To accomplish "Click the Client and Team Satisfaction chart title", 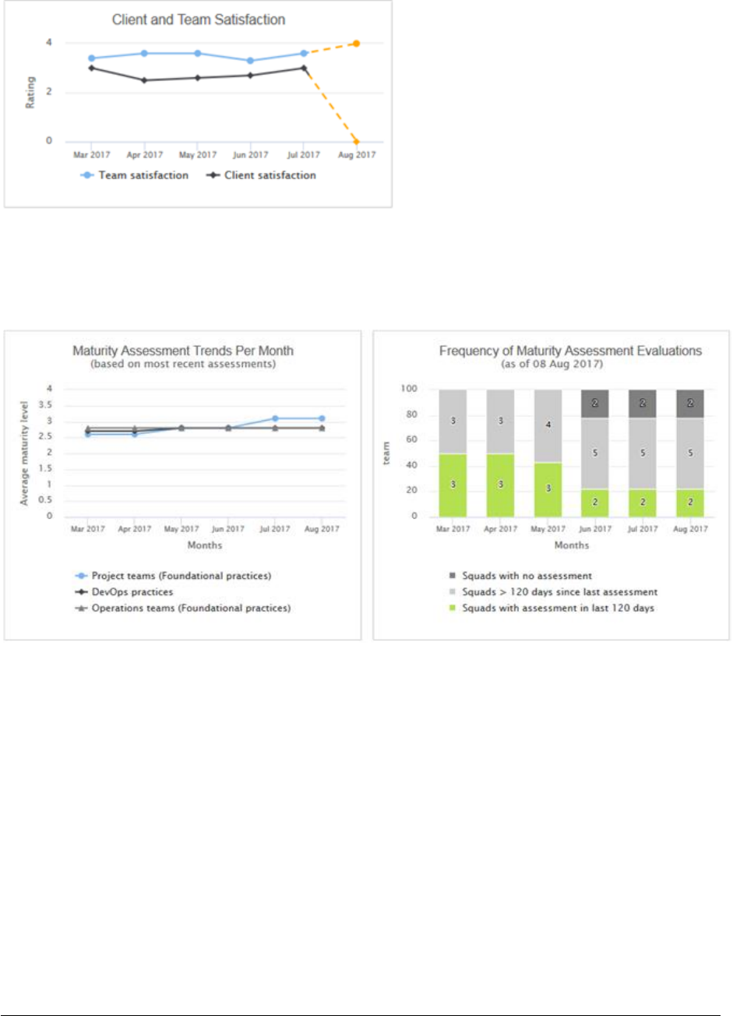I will click(x=199, y=20).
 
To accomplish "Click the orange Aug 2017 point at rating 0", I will click(x=356, y=141).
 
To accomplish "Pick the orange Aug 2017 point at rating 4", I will click(x=356, y=44).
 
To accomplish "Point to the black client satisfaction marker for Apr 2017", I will click(x=144, y=80).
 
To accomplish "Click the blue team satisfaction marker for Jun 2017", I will click(x=250, y=61).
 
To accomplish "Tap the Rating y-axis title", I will click(x=30, y=92).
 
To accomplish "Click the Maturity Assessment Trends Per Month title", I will click(x=183, y=351).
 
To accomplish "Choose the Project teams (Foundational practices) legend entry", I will click(x=181, y=576).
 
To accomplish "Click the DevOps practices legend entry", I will click(x=132, y=592).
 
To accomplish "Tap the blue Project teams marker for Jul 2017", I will click(x=275, y=418).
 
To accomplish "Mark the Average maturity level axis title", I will click(x=24, y=453).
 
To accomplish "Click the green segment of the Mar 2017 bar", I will click(x=453, y=485).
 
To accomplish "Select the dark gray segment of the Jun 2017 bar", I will click(x=595, y=404).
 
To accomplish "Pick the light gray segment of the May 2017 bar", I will click(x=548, y=425).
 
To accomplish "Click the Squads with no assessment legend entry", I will click(x=527, y=576).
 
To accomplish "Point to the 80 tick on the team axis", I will click(x=411, y=415).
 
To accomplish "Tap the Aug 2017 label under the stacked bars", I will click(x=690, y=529).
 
